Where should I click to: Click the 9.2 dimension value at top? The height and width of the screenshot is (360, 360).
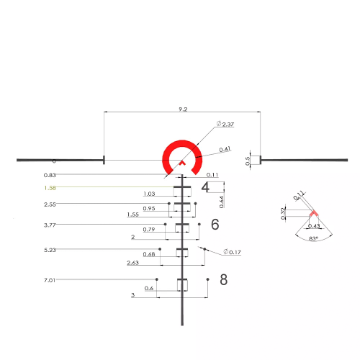click(x=183, y=109)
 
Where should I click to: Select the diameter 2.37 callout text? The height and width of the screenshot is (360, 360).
click(x=227, y=125)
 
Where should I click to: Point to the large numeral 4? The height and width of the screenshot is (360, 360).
click(x=205, y=187)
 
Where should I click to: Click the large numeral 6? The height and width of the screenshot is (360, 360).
click(x=215, y=225)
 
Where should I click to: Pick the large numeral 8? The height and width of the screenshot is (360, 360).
click(x=223, y=279)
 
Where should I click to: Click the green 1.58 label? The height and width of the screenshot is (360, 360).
click(x=50, y=188)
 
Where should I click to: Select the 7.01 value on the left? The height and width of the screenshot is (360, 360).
click(x=50, y=279)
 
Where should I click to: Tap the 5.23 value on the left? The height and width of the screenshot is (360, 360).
click(x=50, y=250)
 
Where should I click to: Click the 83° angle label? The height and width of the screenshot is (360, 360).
click(x=312, y=237)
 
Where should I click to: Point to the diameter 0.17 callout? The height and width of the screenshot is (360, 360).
click(x=232, y=252)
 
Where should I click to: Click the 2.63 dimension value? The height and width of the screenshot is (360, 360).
click(x=133, y=263)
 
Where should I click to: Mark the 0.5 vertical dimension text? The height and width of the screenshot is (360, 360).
click(x=248, y=161)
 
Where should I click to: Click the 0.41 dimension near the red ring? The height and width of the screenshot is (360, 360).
click(x=225, y=149)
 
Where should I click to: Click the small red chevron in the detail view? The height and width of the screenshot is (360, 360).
click(x=313, y=213)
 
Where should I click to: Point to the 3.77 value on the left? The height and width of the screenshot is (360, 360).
click(x=50, y=224)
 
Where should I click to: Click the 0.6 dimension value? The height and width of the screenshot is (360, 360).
click(x=149, y=289)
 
